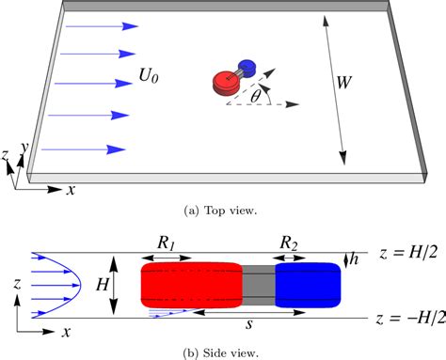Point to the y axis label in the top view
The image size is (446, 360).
point(25,152)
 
